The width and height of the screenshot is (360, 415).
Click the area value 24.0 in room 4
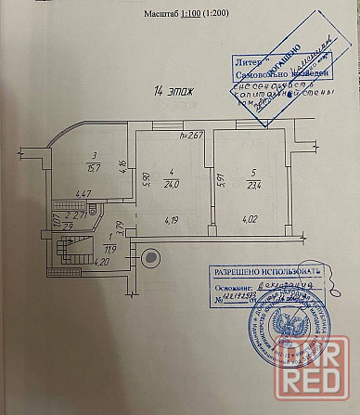(172, 183)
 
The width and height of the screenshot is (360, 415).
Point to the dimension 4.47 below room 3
(83, 194)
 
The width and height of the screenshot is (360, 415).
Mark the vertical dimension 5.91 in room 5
(220, 181)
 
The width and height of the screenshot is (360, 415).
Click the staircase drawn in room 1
(68, 251)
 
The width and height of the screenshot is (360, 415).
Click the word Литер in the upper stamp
(240, 58)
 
